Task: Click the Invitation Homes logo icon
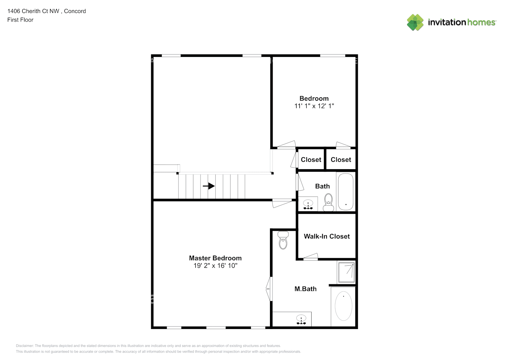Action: [x=415, y=22]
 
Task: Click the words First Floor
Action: [x=20, y=20]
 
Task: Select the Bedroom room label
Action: [x=314, y=98]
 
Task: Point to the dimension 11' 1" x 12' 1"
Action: [x=314, y=106]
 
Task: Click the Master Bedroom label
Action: [x=215, y=258]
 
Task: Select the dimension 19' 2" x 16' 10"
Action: [x=215, y=266]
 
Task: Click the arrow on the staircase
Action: [x=209, y=186]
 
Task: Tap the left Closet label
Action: [x=311, y=159]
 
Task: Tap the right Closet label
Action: [x=341, y=159]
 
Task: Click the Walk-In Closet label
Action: [x=326, y=236]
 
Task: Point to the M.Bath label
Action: [x=305, y=289]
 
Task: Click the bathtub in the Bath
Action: [x=346, y=192]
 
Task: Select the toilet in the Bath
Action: [x=328, y=202]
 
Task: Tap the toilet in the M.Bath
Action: [x=283, y=240]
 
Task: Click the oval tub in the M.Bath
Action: [x=343, y=306]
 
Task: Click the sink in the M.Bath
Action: [x=301, y=319]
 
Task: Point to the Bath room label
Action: [x=322, y=186]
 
